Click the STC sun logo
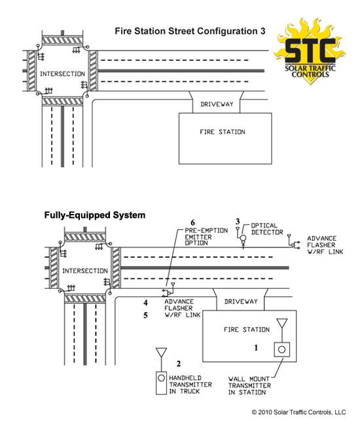pos(309,51)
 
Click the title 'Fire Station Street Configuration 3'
pos(190,31)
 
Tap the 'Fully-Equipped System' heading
pos(95,215)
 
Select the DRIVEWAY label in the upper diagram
pos(217,104)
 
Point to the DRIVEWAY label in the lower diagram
pos(241,302)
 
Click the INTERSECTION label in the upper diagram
pos(62,74)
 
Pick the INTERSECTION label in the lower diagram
pos(85,271)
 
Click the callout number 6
pos(192,222)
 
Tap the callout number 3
pos(238,221)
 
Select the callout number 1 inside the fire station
pos(256,347)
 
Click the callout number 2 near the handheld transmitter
pos(179,364)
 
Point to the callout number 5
pos(145,315)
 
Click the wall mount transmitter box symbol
pos(281,349)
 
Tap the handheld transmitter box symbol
pos(161,383)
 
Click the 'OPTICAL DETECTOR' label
pos(267,229)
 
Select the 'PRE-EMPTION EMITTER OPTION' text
pos(206,237)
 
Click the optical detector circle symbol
pos(243,238)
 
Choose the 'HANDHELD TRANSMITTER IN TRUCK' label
pos(190,385)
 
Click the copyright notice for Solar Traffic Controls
pos(298,412)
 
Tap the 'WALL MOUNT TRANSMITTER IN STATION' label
pos(249,385)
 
